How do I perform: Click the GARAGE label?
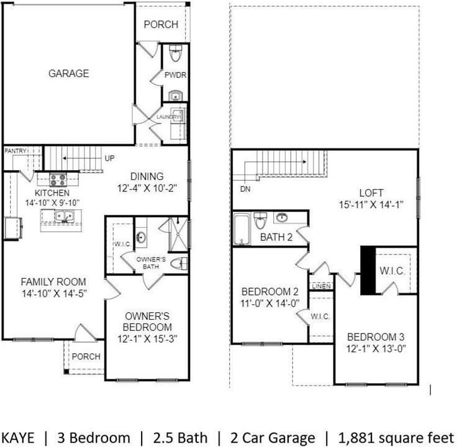pyautogui.click(x=68, y=73)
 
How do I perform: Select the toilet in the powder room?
pyautogui.click(x=175, y=55)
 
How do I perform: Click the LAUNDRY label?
pyautogui.click(x=168, y=117)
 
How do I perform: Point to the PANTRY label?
pyautogui.click(x=15, y=151)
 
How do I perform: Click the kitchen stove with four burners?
pyautogui.click(x=58, y=180)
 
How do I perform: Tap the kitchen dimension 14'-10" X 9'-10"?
pyautogui.click(x=52, y=202)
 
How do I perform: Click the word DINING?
pyautogui.click(x=147, y=176)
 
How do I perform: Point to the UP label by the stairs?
pyautogui.click(x=109, y=158)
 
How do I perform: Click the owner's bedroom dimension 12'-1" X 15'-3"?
pyautogui.click(x=147, y=338)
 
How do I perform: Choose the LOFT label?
pyautogui.click(x=371, y=192)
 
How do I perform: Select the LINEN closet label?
pyautogui.click(x=321, y=286)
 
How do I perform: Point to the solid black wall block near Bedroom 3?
pyautogui.click(x=367, y=269)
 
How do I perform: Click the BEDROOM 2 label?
pyautogui.click(x=269, y=292)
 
